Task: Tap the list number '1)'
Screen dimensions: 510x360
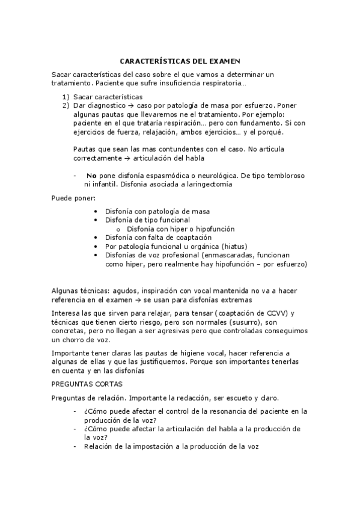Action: click(x=66, y=97)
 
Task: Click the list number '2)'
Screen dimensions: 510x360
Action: click(x=66, y=106)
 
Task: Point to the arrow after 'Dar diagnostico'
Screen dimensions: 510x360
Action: click(x=123, y=106)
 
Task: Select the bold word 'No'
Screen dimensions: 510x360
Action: click(x=91, y=176)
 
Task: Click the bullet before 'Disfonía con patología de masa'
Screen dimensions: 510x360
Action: click(x=97, y=212)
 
